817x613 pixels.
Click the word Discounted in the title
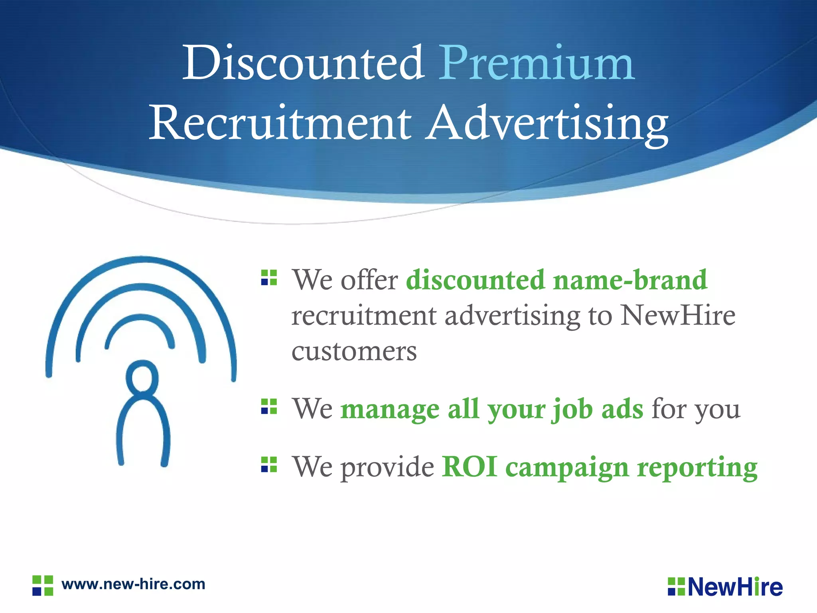(x=303, y=63)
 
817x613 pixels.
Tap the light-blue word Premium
(x=537, y=63)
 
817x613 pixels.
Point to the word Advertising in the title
(x=547, y=123)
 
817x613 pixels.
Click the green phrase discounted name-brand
(x=557, y=280)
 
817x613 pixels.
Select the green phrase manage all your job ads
(x=491, y=409)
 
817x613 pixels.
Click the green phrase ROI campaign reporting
(x=600, y=467)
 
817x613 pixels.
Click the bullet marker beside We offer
(x=269, y=278)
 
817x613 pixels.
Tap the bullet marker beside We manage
(x=269, y=407)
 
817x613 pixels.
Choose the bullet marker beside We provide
(x=269, y=465)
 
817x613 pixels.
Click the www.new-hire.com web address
(x=133, y=584)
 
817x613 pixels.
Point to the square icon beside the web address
(x=43, y=585)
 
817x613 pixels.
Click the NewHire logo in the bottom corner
(x=725, y=587)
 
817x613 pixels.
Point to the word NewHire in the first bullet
(x=678, y=316)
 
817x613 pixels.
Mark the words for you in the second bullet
(x=696, y=409)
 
